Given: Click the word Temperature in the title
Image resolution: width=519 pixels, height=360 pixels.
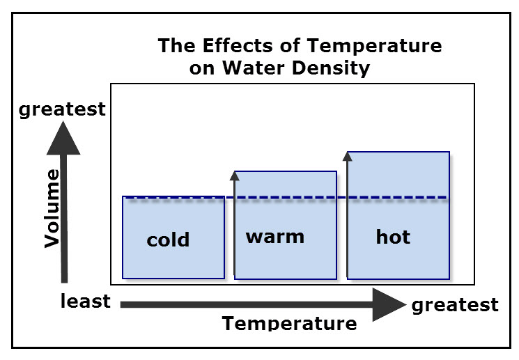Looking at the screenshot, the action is [x=374, y=46].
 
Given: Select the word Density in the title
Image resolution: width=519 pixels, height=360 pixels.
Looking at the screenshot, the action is [x=331, y=68].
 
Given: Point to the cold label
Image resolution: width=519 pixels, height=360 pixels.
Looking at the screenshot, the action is [x=168, y=239].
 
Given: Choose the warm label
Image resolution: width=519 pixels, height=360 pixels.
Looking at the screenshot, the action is [x=275, y=237].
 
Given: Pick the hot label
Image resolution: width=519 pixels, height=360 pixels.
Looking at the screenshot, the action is [x=393, y=237].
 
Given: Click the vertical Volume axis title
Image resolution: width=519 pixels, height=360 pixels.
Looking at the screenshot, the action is [x=52, y=208].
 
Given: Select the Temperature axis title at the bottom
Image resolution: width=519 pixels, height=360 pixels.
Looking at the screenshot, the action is [x=289, y=323].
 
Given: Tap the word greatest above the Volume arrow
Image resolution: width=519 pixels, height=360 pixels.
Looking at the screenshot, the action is [x=62, y=109].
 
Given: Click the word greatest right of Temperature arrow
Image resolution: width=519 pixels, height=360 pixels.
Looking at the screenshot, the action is [x=455, y=305].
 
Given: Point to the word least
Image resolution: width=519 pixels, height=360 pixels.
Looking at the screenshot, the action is [x=86, y=301].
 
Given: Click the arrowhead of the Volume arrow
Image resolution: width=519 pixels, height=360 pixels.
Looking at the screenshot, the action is [x=63, y=139].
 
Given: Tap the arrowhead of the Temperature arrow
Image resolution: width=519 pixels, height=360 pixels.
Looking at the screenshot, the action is [x=389, y=304].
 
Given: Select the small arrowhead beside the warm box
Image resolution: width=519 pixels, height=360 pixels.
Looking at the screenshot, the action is [x=234, y=176].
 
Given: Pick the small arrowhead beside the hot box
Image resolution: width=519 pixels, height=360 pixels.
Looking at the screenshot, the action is [x=347, y=157].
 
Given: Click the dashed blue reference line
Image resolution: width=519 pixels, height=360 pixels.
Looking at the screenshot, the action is [x=286, y=198].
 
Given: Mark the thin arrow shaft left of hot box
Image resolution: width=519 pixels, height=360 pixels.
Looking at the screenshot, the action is [x=347, y=219].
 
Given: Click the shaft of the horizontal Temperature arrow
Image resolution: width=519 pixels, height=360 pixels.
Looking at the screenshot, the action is [x=247, y=304].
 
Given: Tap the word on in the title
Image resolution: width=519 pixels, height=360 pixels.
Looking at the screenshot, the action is [x=201, y=68].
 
